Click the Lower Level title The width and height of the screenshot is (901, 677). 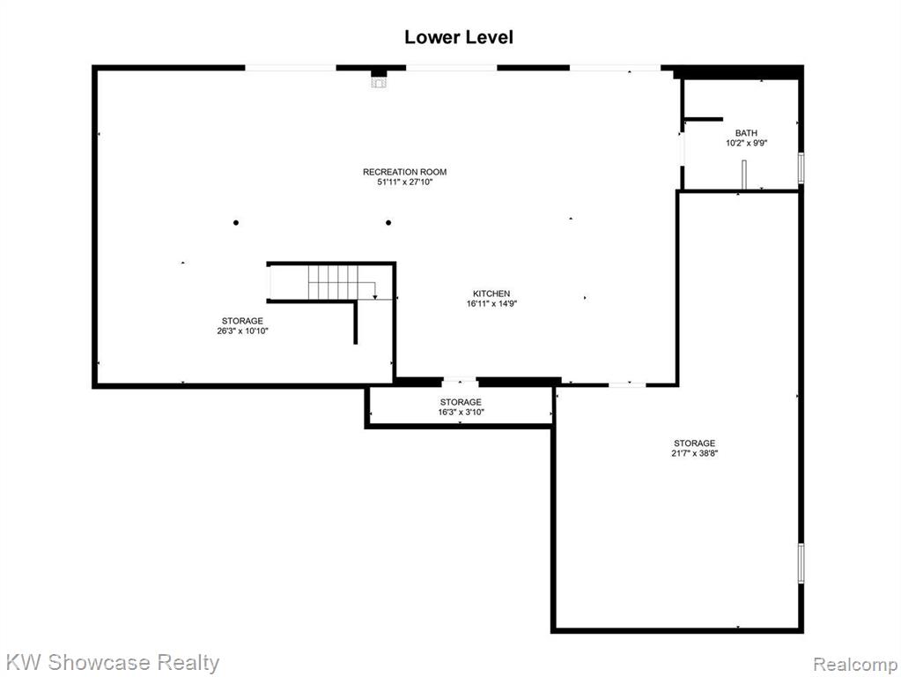pyautogui.click(x=459, y=37)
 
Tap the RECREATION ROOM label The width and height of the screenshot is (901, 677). pyautogui.click(x=404, y=172)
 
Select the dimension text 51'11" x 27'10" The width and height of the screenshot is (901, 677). pyautogui.click(x=404, y=182)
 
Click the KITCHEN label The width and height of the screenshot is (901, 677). pyautogui.click(x=491, y=294)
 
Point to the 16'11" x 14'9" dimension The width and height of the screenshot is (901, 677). pyautogui.click(x=491, y=304)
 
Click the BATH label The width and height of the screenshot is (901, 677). pyautogui.click(x=746, y=133)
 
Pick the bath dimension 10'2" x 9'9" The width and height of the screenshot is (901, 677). pyautogui.click(x=746, y=143)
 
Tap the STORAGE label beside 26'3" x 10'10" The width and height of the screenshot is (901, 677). pyautogui.click(x=242, y=321)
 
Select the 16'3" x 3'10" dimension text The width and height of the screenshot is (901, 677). pyautogui.click(x=461, y=413)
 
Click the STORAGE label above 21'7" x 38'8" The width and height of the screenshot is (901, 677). pyautogui.click(x=694, y=443)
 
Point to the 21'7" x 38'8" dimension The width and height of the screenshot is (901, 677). pyautogui.click(x=695, y=453)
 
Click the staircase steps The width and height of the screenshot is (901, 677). pyautogui.click(x=333, y=282)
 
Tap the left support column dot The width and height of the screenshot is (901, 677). pyautogui.click(x=235, y=223)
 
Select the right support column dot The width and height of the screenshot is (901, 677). pyautogui.click(x=388, y=223)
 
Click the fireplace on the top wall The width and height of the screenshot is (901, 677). pyautogui.click(x=379, y=78)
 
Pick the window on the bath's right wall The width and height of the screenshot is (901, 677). pyautogui.click(x=801, y=167)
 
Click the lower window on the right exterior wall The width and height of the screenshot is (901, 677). pyautogui.click(x=801, y=563)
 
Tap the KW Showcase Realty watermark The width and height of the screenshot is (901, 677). pyautogui.click(x=113, y=663)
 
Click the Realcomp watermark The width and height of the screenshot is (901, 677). pyautogui.click(x=855, y=665)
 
